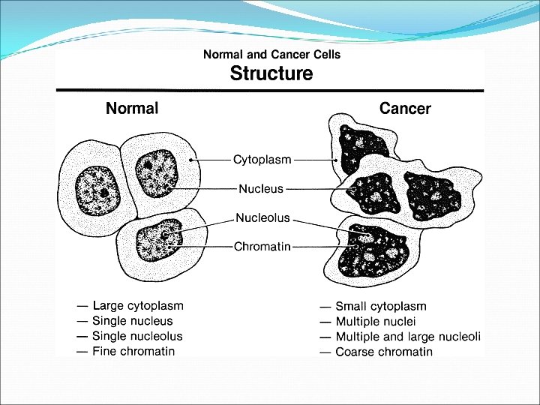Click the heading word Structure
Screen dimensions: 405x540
click(271, 73)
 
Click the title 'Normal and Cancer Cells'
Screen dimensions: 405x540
click(271, 55)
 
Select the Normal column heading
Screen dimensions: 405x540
click(132, 109)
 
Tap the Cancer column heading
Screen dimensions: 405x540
click(405, 109)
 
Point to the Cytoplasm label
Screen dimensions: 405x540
click(262, 160)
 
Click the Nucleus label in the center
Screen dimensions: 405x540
click(261, 188)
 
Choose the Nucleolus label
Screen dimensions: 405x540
click(262, 218)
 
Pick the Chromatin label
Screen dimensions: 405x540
click(262, 246)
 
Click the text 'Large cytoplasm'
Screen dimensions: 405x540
click(138, 306)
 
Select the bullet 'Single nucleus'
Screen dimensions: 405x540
click(132, 321)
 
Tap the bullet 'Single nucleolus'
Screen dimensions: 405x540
click(137, 336)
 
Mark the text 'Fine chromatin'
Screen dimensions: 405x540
click(133, 351)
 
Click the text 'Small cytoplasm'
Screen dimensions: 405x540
click(380, 306)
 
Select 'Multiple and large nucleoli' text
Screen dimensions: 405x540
click(407, 337)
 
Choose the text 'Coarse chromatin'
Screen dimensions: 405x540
click(383, 352)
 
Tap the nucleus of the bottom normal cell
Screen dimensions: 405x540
click(160, 239)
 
